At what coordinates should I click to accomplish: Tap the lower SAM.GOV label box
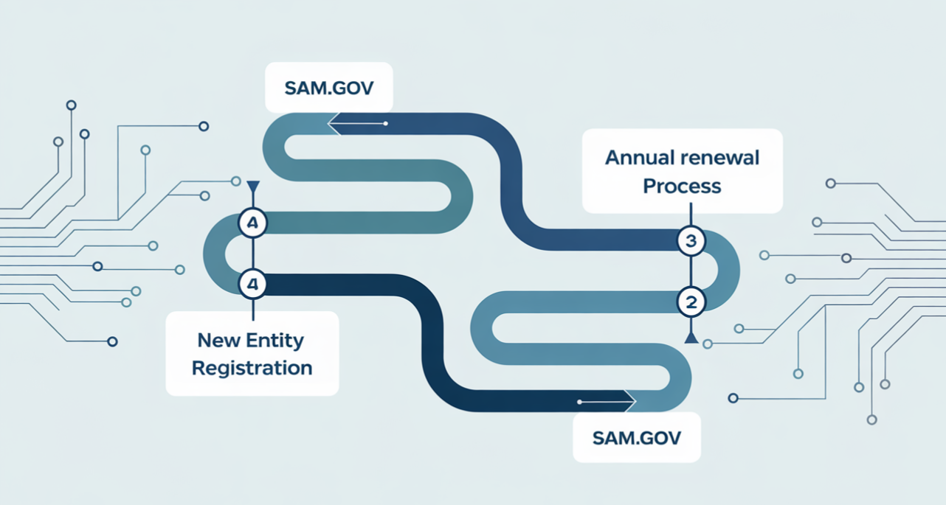pyautogui.click(x=637, y=438)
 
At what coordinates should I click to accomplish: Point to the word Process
pyautogui.click(x=681, y=186)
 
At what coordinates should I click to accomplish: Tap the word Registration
pyautogui.click(x=252, y=368)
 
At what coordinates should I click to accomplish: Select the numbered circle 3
pyautogui.click(x=691, y=241)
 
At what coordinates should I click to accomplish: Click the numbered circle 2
pyautogui.click(x=691, y=301)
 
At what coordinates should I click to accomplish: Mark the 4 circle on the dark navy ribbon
pyautogui.click(x=253, y=283)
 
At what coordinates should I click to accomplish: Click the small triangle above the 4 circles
pyautogui.click(x=253, y=187)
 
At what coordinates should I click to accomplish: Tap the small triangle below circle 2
pyautogui.click(x=691, y=338)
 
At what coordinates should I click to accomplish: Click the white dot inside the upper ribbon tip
pyautogui.click(x=386, y=123)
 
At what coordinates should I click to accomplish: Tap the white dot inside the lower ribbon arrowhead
pyautogui.click(x=580, y=403)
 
